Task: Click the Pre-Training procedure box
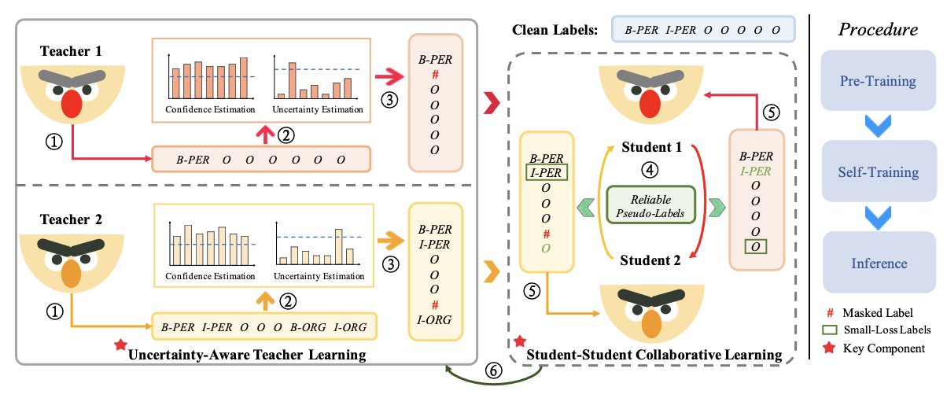(x=877, y=81)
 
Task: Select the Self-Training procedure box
(x=877, y=171)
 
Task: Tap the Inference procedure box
(x=877, y=263)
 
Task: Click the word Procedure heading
(x=877, y=30)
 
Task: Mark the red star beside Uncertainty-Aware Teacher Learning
(x=120, y=345)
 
